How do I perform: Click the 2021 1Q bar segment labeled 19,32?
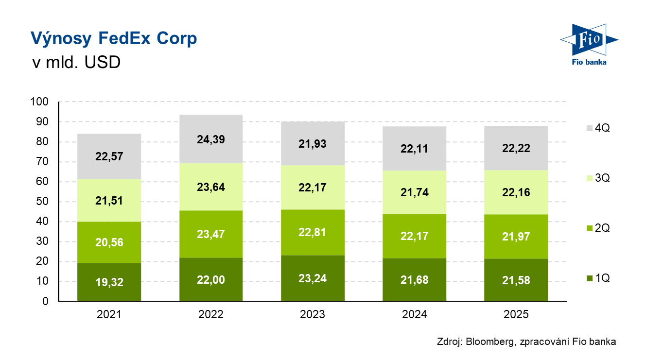coord(109,282)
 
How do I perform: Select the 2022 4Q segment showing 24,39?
coord(210,139)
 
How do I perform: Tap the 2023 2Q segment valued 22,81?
coord(313,232)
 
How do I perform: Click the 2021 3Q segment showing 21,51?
coord(109,200)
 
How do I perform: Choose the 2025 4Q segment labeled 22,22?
coord(516,148)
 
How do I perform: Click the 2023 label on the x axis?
coord(313,315)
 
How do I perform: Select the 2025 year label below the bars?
coord(516,315)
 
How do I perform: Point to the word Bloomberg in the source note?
coord(489,342)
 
